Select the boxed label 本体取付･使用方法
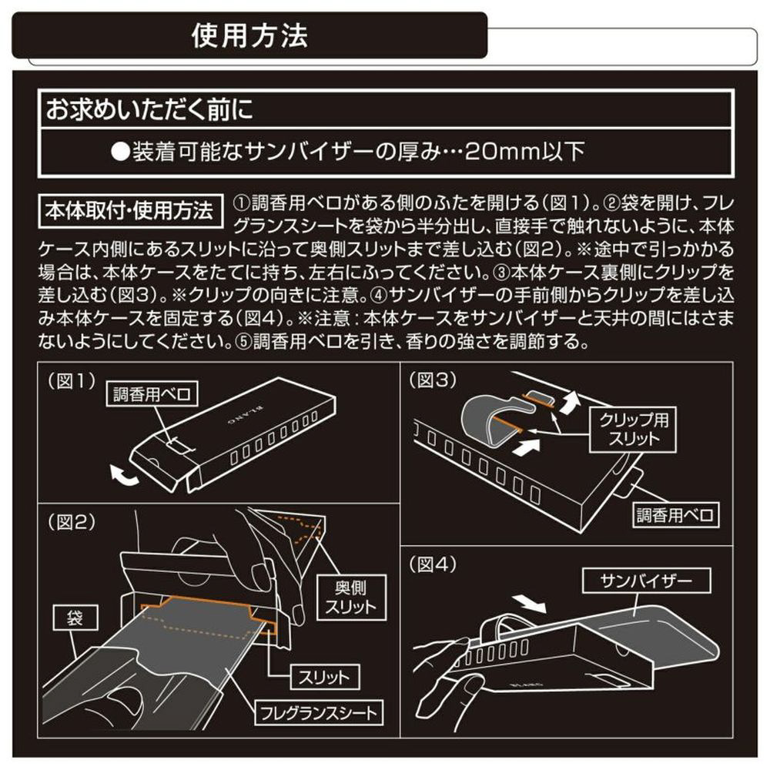click(x=129, y=211)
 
